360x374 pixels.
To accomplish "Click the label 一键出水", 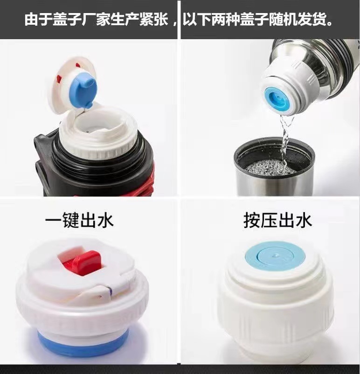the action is tap(79, 220).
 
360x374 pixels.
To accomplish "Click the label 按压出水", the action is tap(277, 221).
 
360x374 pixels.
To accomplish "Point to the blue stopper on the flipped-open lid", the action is tap(83, 90).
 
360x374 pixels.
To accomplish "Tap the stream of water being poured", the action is tap(285, 139).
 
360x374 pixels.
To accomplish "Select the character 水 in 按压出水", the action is tap(304, 221).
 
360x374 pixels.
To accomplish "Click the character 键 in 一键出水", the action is tap(71, 220).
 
